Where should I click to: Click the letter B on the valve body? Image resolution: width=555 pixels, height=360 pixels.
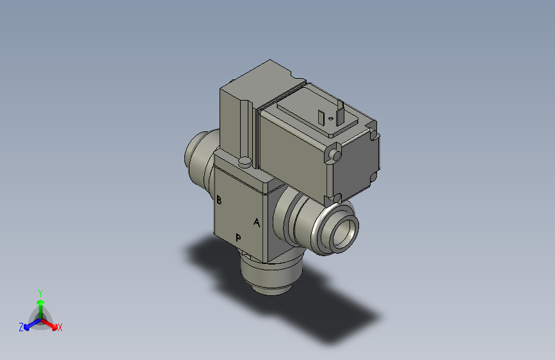(x=219, y=200)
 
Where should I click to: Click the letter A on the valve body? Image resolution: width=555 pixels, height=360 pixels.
(x=257, y=223)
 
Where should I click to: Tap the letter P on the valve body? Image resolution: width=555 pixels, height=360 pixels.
(x=238, y=238)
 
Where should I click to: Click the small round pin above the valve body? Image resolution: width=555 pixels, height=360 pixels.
(x=244, y=161)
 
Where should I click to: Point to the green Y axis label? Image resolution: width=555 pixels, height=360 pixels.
(x=40, y=291)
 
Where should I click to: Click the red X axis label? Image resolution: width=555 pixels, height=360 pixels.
(x=60, y=328)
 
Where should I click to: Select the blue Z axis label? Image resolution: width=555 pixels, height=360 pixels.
(x=21, y=327)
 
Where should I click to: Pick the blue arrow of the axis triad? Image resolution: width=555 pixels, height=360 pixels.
(x=29, y=323)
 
